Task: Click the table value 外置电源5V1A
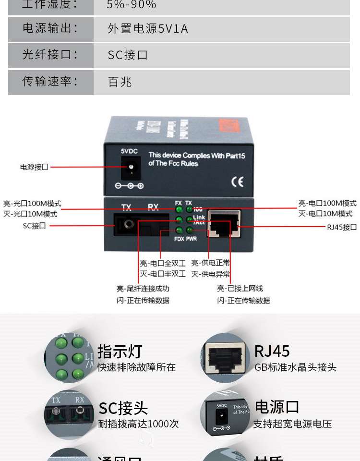point(148,29)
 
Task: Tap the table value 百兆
point(120,82)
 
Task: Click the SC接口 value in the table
point(128,55)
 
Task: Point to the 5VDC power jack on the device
point(130,168)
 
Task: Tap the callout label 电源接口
point(34,167)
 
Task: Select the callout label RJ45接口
point(342,227)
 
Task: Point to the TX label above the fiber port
point(126,207)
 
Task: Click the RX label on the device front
point(153,207)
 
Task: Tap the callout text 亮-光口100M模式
point(32,204)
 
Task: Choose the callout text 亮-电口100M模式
point(327,204)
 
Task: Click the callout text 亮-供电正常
point(210,263)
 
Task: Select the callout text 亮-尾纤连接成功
point(143,289)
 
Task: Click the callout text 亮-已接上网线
point(240,289)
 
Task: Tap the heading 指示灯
point(120,352)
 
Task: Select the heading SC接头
point(123,408)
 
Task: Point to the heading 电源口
point(277,407)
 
